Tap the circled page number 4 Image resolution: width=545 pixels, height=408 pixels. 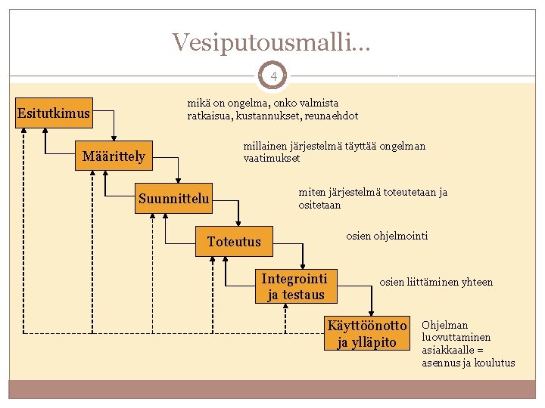[x=273, y=76]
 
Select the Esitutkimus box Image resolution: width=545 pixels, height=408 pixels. [x=54, y=114]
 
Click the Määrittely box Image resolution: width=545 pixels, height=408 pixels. [x=114, y=156]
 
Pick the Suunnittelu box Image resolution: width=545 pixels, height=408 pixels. [x=174, y=199]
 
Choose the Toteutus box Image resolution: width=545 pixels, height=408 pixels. [x=234, y=242]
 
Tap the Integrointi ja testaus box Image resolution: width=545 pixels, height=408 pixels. [x=294, y=286]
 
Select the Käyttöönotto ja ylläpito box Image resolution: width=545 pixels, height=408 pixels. [x=367, y=334]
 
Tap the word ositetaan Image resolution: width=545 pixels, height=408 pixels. [x=319, y=205]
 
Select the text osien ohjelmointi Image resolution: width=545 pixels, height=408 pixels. [x=387, y=236]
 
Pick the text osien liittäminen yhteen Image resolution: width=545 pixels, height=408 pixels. [x=435, y=282]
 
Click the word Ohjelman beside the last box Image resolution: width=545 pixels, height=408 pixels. [x=444, y=326]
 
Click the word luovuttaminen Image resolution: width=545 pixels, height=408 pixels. [x=456, y=338]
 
